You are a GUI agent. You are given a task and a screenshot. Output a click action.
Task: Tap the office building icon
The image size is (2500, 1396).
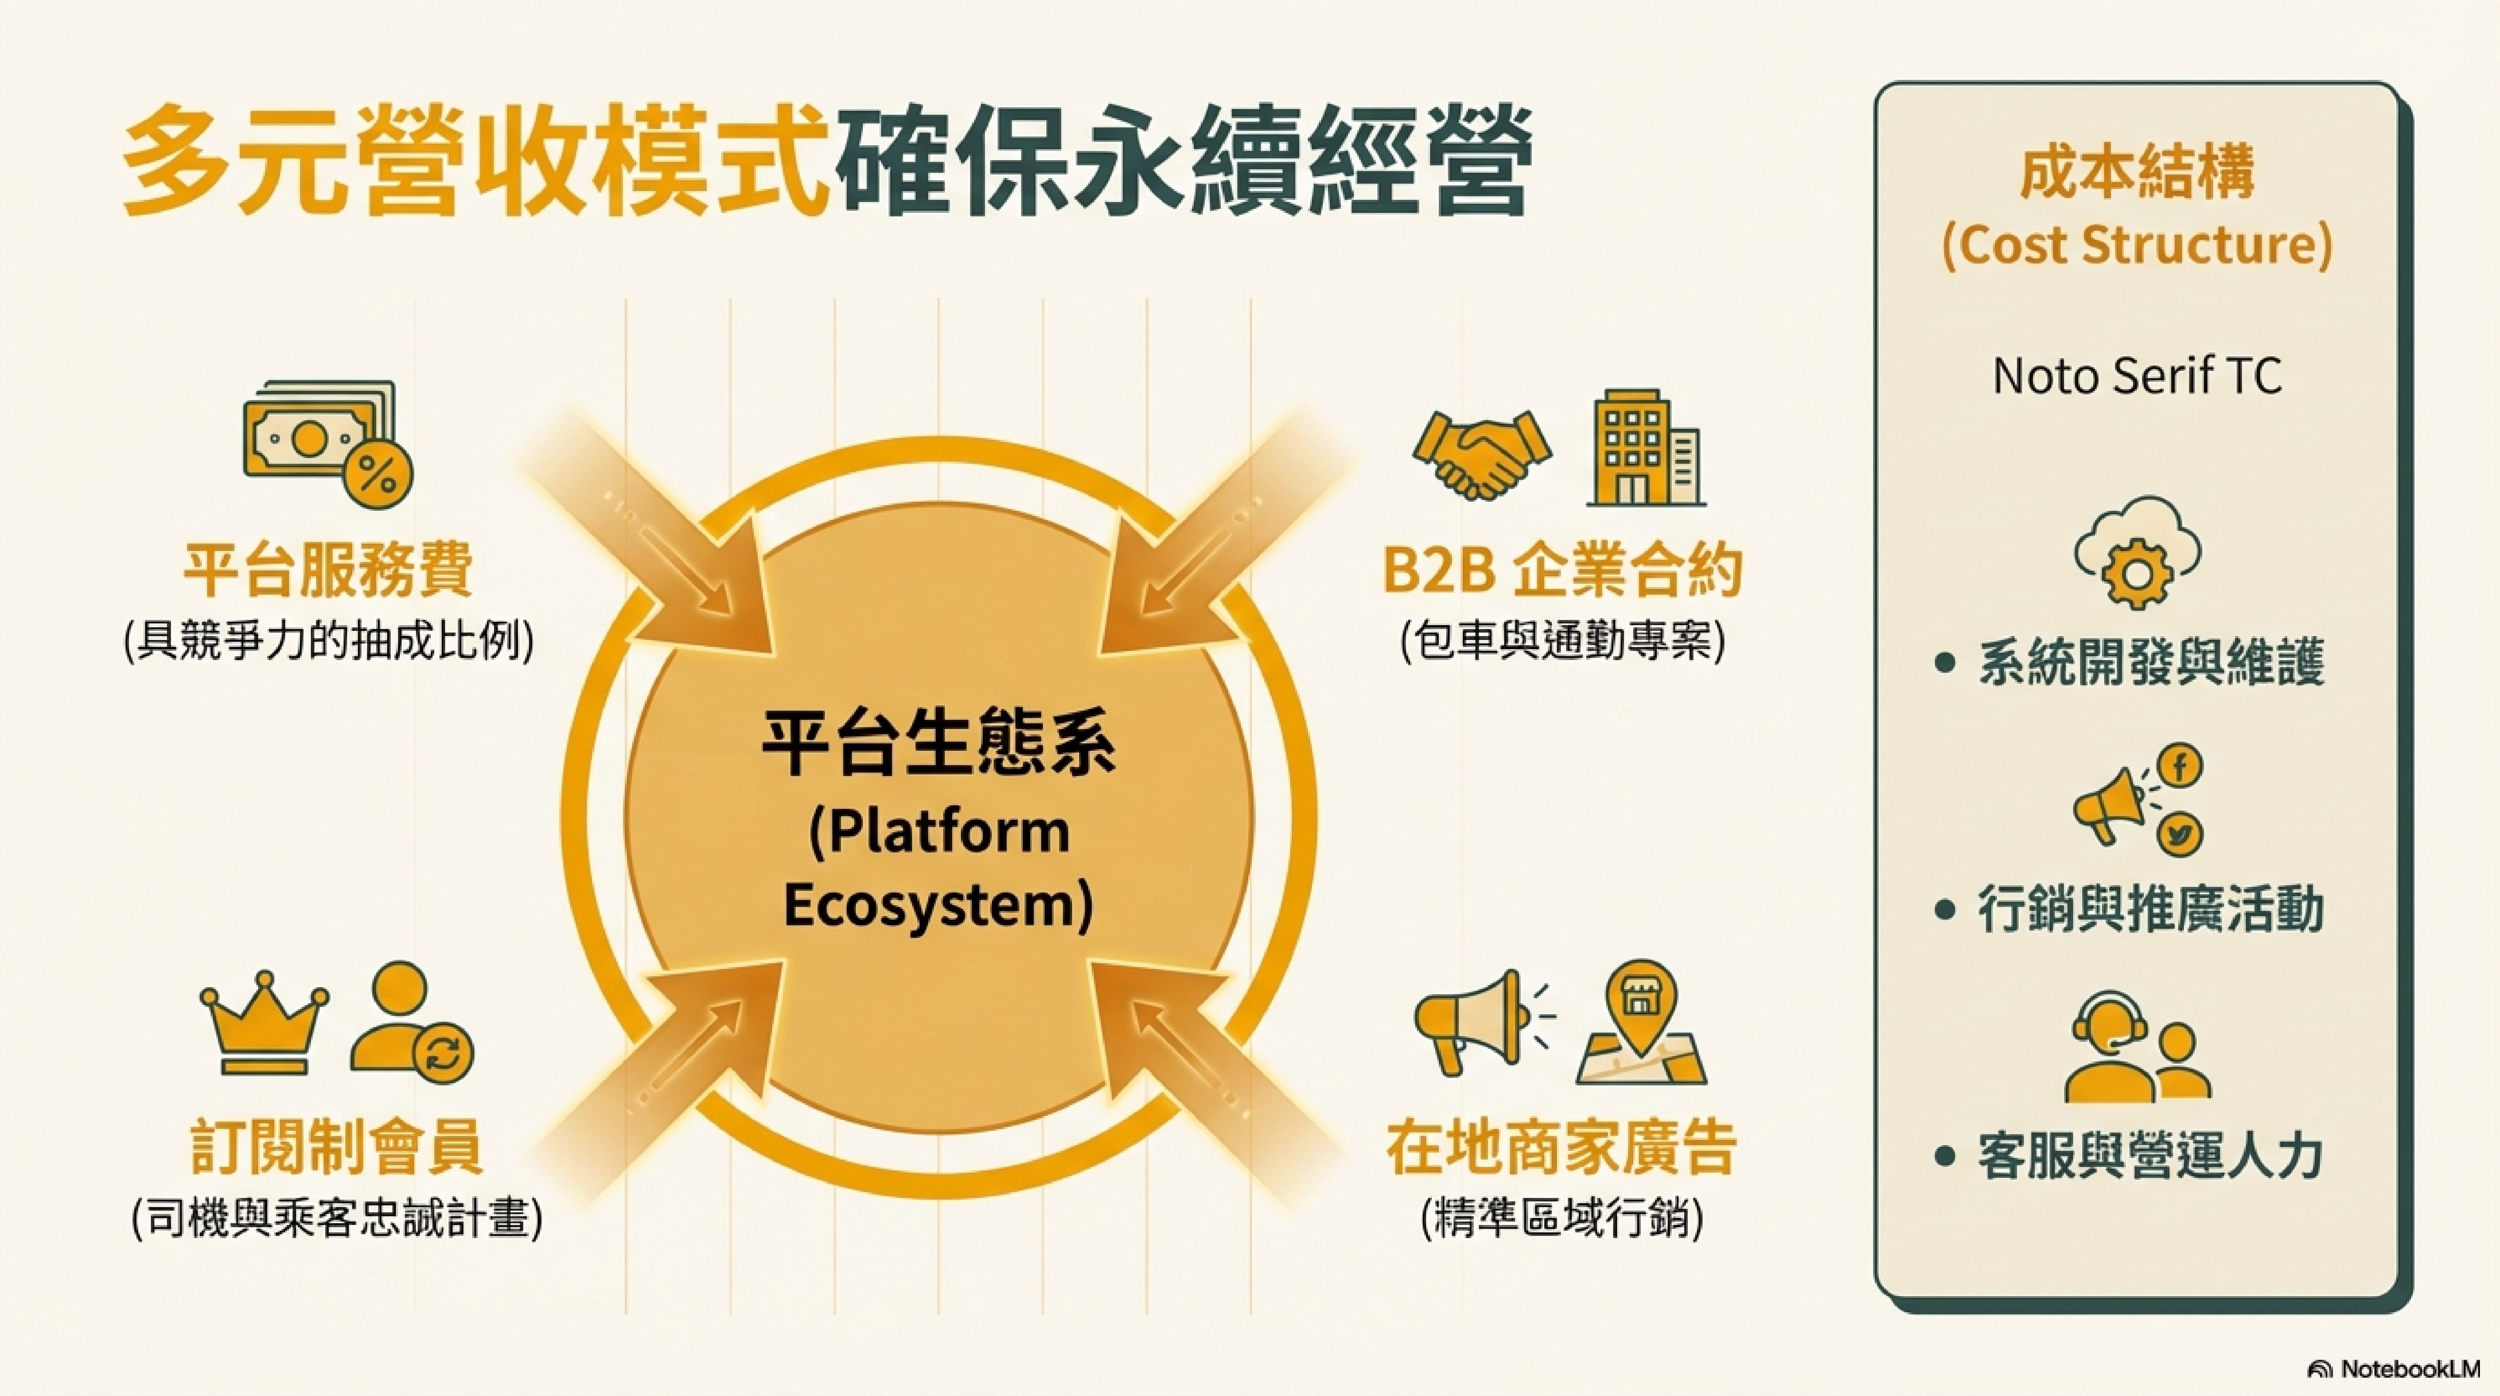click(1646, 448)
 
